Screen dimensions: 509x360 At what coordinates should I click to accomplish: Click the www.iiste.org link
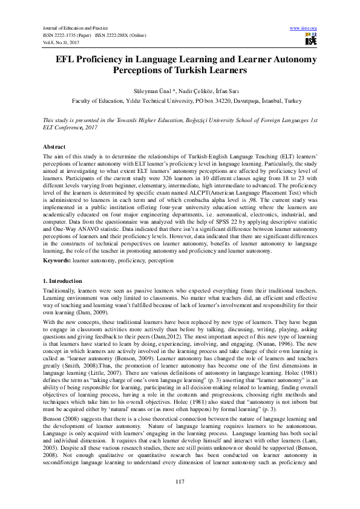pyautogui.click(x=304, y=28)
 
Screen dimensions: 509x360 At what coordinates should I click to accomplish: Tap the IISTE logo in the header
pyautogui.click(x=310, y=41)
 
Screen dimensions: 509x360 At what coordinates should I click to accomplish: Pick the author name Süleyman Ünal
pyautogui.click(x=149, y=90)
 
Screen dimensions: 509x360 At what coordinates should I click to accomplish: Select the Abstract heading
pyautogui.click(x=54, y=148)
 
